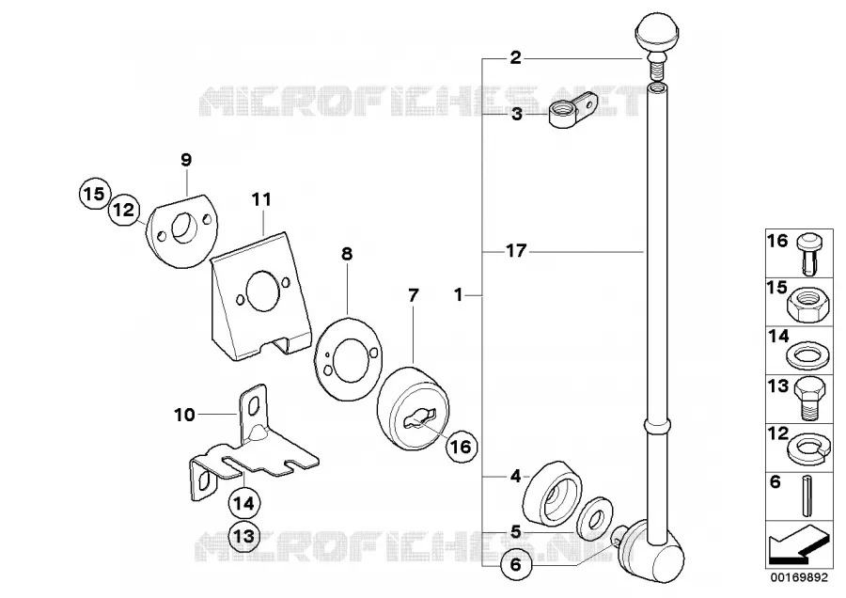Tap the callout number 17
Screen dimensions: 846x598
(516, 251)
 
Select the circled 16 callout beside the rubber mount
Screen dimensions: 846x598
(462, 447)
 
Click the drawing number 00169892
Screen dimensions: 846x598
(798, 578)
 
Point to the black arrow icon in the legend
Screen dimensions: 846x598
(797, 543)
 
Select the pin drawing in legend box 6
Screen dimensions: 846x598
(808, 496)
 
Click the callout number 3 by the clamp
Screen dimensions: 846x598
(517, 115)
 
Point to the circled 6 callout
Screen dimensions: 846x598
(516, 564)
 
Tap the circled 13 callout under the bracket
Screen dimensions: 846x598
(243, 537)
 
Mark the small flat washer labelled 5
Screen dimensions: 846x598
(594, 518)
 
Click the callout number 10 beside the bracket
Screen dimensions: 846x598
(184, 415)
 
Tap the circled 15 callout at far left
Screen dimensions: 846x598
(94, 193)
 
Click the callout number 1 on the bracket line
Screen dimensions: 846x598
(458, 295)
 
